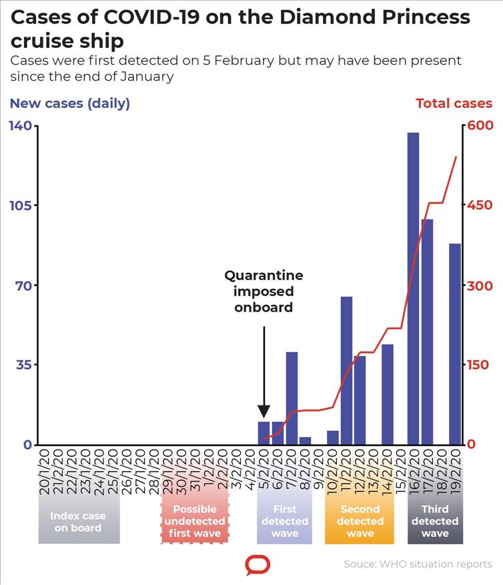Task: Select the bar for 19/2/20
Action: pyautogui.click(x=455, y=344)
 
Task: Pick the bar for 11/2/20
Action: pyautogui.click(x=346, y=370)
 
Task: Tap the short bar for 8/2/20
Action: pyautogui.click(x=305, y=441)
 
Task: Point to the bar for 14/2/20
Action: pyautogui.click(x=388, y=394)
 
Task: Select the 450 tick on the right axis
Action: pyautogui.click(x=480, y=205)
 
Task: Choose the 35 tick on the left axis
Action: pyautogui.click(x=19, y=365)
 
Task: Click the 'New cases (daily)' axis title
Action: pyautogui.click(x=69, y=103)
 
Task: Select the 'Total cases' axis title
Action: pyautogui.click(x=454, y=103)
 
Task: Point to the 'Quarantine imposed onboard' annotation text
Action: pyautogui.click(x=264, y=291)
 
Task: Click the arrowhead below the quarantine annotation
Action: pyautogui.click(x=264, y=411)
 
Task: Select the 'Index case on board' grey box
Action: pyautogui.click(x=79, y=522)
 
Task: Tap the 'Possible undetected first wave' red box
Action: pyautogui.click(x=195, y=522)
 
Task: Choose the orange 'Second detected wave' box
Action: pyautogui.click(x=360, y=522)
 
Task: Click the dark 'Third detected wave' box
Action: pyautogui.click(x=435, y=522)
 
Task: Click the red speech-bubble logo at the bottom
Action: pyautogui.click(x=258, y=566)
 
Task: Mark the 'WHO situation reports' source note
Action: pyautogui.click(x=418, y=564)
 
